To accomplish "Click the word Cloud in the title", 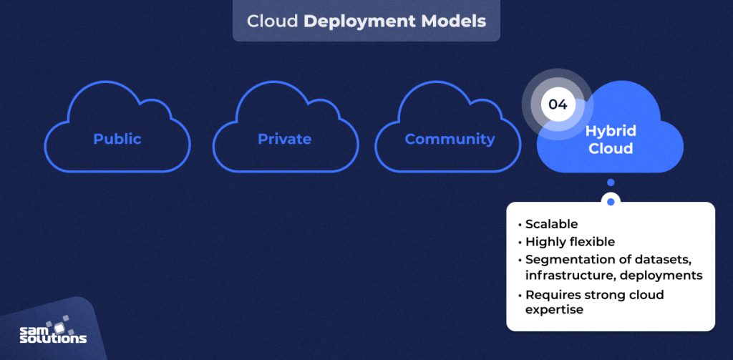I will coord(272,21).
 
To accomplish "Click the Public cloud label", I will coord(117,139).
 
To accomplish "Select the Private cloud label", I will coord(284,139).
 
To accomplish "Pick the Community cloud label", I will coord(450,139).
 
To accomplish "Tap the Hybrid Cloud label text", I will coord(610,140).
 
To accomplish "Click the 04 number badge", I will coord(558,104).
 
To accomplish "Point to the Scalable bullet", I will coord(553,224).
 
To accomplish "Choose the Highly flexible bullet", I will coord(571,242).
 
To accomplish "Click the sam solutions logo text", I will coord(53,336).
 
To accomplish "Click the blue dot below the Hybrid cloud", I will coord(611,183).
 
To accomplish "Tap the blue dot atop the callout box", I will coord(611,202).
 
